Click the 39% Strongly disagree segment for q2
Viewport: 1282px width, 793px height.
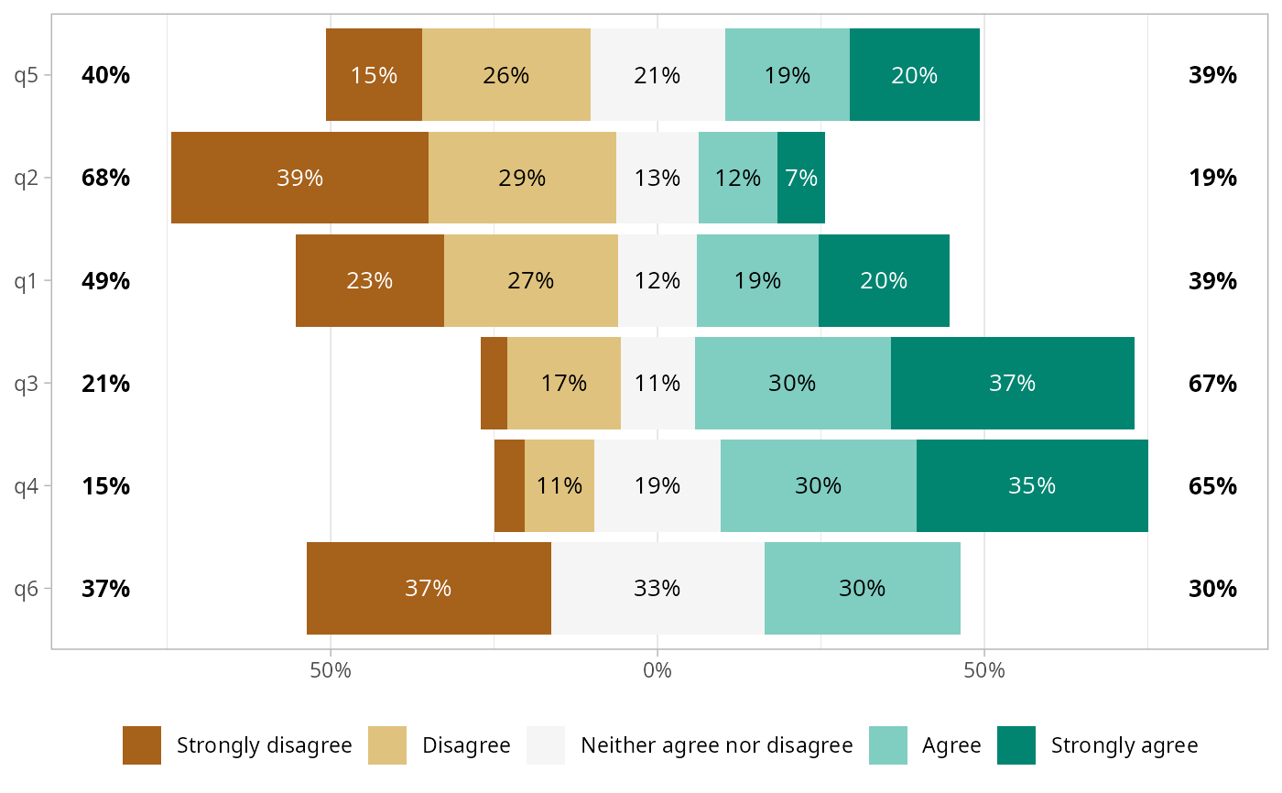click(x=299, y=178)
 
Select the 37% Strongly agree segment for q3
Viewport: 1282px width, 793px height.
click(x=1012, y=383)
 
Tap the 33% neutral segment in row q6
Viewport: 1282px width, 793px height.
click(x=657, y=588)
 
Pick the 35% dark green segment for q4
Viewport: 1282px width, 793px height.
click(x=1032, y=485)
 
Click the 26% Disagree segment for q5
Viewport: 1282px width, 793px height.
click(x=506, y=75)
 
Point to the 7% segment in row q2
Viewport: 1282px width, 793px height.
click(x=801, y=178)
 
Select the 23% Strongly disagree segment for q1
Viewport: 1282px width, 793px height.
click(x=369, y=280)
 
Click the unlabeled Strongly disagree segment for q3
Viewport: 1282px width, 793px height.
click(x=494, y=383)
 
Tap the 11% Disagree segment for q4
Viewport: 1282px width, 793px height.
click(x=560, y=485)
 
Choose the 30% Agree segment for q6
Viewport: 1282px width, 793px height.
click(x=862, y=588)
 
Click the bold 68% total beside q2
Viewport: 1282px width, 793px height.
click(x=105, y=178)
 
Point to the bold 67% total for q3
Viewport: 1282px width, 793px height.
click(x=1212, y=383)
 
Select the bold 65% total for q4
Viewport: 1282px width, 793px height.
click(x=1212, y=485)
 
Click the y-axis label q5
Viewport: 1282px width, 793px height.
click(x=27, y=75)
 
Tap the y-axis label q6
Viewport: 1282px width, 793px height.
click(x=27, y=588)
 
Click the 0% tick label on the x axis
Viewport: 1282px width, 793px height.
click(x=657, y=670)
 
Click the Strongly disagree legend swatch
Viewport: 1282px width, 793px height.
click(x=142, y=745)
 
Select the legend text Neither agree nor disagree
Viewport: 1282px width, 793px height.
click(x=717, y=745)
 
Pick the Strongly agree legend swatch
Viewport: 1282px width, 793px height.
click(x=1016, y=745)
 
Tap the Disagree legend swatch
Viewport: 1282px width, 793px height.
click(x=387, y=745)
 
